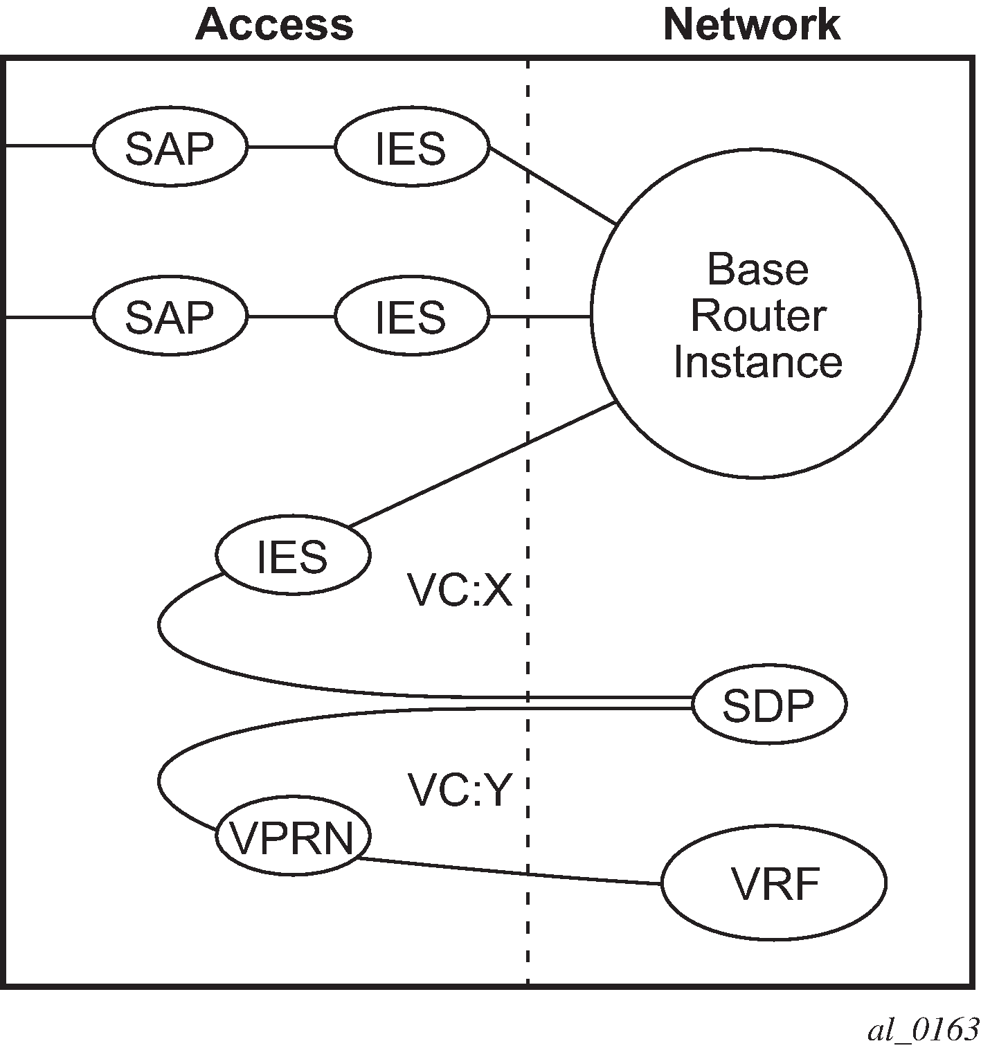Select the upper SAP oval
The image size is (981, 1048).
(170, 147)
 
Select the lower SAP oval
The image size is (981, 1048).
(170, 317)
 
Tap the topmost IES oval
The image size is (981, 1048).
(411, 147)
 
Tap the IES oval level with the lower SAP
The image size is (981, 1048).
(411, 317)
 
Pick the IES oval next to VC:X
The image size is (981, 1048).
(293, 555)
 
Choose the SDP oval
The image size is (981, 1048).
(768, 705)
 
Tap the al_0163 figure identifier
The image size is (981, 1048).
(923, 1030)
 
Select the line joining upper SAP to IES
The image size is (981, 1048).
(291, 147)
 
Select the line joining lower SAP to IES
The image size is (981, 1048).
(291, 317)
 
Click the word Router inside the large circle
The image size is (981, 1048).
(757, 316)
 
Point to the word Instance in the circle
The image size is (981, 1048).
(757, 362)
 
